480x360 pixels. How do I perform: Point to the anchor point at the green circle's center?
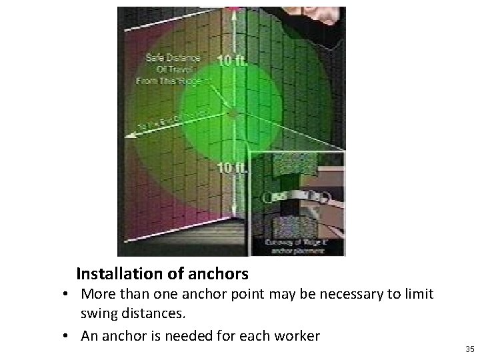click(232, 114)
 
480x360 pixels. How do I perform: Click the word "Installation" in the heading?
click(117, 273)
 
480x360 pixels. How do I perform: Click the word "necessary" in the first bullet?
click(352, 293)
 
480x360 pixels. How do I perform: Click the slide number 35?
click(469, 349)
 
